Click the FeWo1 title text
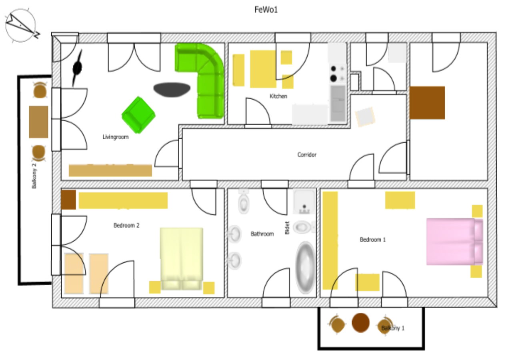(266, 10)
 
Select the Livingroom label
(116, 137)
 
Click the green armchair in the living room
(138, 115)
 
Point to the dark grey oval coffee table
(172, 89)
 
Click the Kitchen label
(278, 96)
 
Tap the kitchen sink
(338, 103)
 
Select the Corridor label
(307, 155)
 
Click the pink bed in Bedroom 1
(455, 242)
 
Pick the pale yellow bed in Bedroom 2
(182, 258)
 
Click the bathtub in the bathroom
(306, 268)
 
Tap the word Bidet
(287, 228)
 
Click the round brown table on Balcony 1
(360, 322)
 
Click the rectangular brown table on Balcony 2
(38, 122)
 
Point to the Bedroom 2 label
(126, 225)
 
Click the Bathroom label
(262, 234)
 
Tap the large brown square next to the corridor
(427, 103)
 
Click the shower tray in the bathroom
(304, 201)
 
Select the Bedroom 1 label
(372, 240)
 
